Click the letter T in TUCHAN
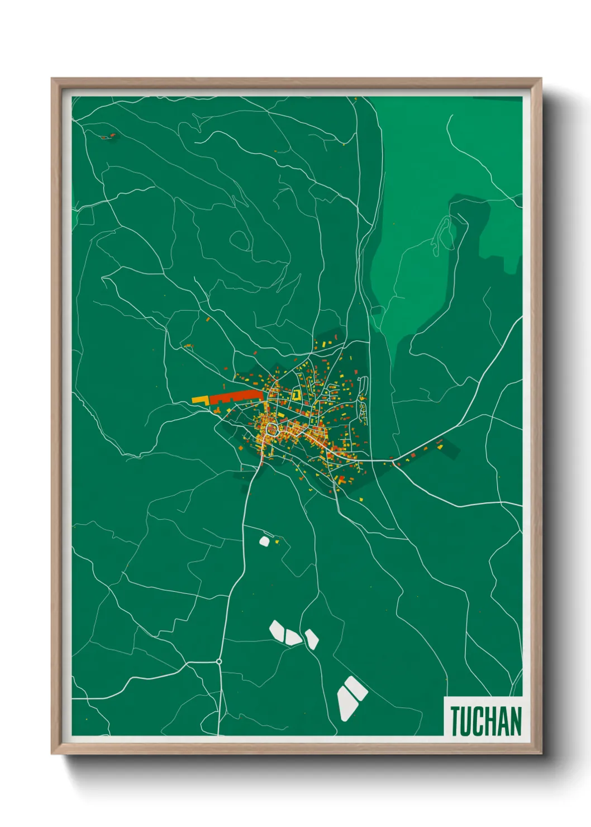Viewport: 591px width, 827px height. [x=456, y=721]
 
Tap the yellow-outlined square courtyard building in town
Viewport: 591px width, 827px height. [x=296, y=395]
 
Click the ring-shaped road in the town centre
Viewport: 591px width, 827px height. [x=272, y=429]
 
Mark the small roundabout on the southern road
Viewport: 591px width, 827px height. [x=219, y=662]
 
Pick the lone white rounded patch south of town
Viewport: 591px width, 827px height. [x=264, y=541]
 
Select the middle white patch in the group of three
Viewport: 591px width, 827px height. [x=293, y=636]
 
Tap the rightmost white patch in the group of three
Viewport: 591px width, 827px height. [x=311, y=639]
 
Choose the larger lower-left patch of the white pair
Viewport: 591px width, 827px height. [x=346, y=702]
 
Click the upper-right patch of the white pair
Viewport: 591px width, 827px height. [x=356, y=688]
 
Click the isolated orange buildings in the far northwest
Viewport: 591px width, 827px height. [x=108, y=136]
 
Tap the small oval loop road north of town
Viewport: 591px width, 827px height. [x=240, y=240]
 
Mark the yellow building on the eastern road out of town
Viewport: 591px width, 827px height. [x=439, y=445]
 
